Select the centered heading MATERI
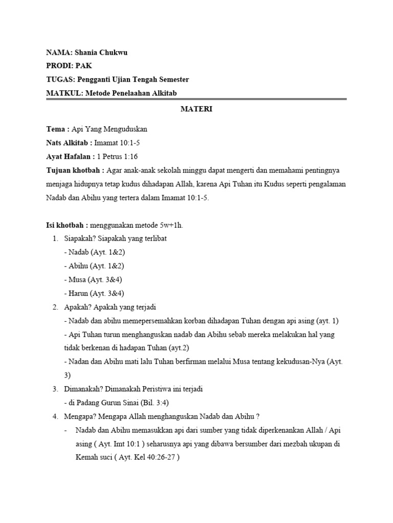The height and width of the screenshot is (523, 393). click(x=196, y=109)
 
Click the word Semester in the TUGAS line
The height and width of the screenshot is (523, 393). click(x=171, y=79)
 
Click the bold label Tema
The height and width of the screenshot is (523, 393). click(x=55, y=130)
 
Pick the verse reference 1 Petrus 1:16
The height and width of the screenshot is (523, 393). click(x=117, y=156)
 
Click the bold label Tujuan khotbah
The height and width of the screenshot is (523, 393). click(x=74, y=170)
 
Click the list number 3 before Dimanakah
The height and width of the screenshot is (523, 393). click(x=55, y=389)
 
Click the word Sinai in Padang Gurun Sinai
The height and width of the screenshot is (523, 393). click(x=121, y=402)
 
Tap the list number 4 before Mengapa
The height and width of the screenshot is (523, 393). click(x=55, y=416)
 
